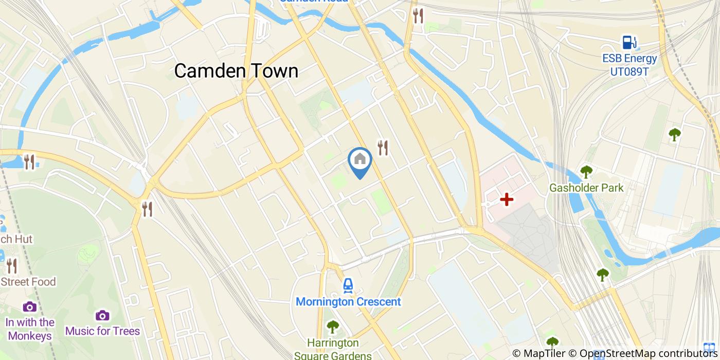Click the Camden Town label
click(x=236, y=71)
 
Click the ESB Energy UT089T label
click(x=629, y=65)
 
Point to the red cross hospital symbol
click(x=507, y=200)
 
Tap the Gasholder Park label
click(x=586, y=188)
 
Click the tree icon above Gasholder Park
click(x=586, y=172)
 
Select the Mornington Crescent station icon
click(x=348, y=285)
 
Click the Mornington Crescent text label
click(x=348, y=302)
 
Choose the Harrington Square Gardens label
click(x=333, y=349)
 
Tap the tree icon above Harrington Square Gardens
click(x=333, y=326)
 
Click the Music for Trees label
click(x=102, y=331)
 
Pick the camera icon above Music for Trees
click(x=102, y=315)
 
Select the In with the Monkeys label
click(x=30, y=329)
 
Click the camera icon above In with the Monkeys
click(x=30, y=307)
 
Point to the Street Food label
click(x=28, y=282)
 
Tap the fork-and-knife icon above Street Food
click(x=12, y=266)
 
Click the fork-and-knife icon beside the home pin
click(x=383, y=148)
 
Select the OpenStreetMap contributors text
click(x=642, y=353)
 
